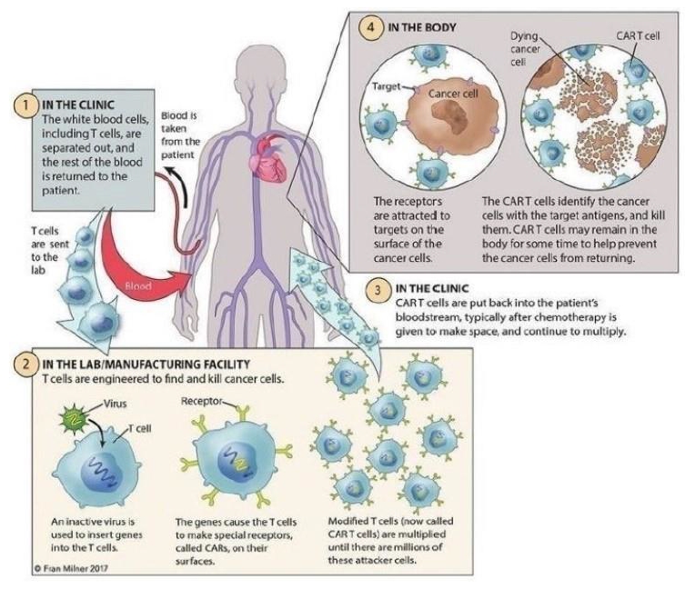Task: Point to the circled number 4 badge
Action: pyautogui.click(x=371, y=28)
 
